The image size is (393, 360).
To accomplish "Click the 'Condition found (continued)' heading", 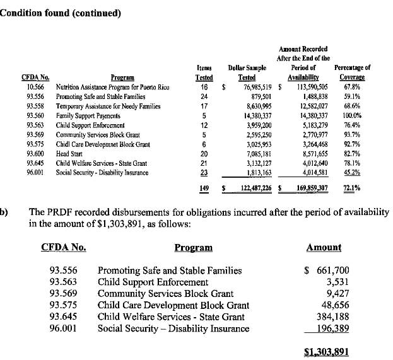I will (x=61, y=13).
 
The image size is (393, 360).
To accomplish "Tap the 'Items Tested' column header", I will (x=204, y=72).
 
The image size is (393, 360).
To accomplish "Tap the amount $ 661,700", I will (x=327, y=270).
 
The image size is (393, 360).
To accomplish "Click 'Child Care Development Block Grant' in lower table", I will (x=173, y=305).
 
